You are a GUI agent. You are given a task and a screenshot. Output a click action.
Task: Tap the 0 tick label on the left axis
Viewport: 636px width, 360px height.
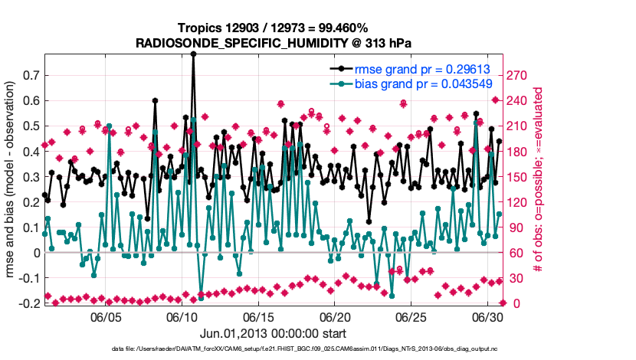pyautogui.click(x=36, y=253)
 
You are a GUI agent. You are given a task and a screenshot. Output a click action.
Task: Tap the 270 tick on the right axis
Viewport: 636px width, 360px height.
pyautogui.click(x=518, y=76)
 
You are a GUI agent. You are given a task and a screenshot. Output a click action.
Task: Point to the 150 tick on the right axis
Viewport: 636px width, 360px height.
pyautogui.click(x=518, y=177)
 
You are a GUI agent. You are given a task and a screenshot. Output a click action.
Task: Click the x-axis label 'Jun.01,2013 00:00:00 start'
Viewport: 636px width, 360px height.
pyautogui.click(x=272, y=333)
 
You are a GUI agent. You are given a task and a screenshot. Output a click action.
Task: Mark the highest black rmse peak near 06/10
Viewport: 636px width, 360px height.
pyautogui.click(x=194, y=54)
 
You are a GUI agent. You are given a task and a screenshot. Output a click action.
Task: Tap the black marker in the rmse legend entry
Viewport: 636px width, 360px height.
pyautogui.click(x=336, y=67)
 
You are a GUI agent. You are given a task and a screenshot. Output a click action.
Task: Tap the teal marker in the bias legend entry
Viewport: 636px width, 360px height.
pyautogui.click(x=336, y=82)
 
